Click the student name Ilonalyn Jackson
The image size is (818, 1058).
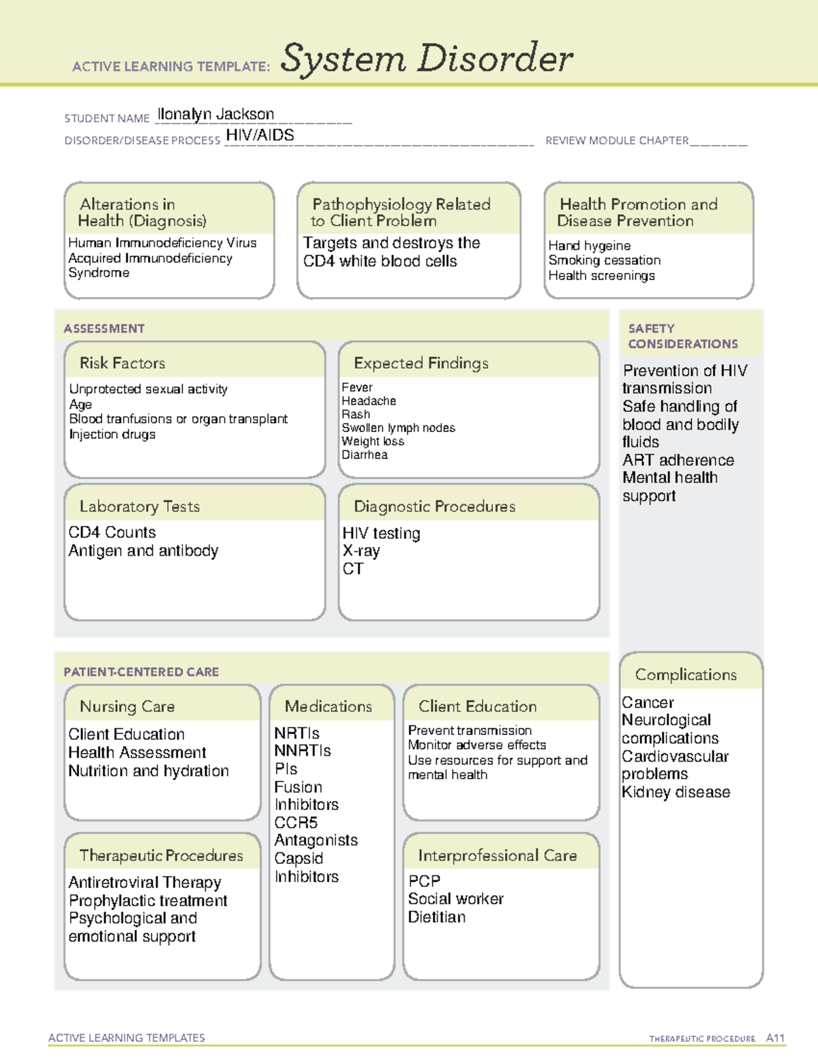pyautogui.click(x=215, y=114)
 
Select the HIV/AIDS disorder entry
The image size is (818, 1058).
pyautogui.click(x=260, y=135)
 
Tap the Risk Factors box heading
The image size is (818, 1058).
pyautogui.click(x=122, y=363)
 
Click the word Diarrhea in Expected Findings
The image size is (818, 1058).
pyautogui.click(x=364, y=454)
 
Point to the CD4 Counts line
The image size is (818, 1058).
pyautogui.click(x=112, y=532)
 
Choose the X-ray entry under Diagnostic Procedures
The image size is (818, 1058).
pyautogui.click(x=361, y=550)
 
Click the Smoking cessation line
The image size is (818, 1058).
pyautogui.click(x=604, y=260)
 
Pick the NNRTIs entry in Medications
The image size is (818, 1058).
pyautogui.click(x=302, y=751)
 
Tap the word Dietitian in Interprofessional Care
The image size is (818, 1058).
pyautogui.click(x=436, y=917)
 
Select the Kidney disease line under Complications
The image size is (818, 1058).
pyautogui.click(x=676, y=792)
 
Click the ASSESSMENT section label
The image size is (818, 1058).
pyautogui.click(x=104, y=328)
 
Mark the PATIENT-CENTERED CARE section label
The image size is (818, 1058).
pyautogui.click(x=141, y=672)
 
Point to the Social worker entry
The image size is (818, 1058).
pyautogui.click(x=455, y=899)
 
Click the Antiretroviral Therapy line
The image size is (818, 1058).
pyautogui.click(x=145, y=882)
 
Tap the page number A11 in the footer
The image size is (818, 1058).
pyautogui.click(x=775, y=1038)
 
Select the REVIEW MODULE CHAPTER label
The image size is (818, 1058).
pyautogui.click(x=617, y=140)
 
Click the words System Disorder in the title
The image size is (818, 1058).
pyautogui.click(x=427, y=59)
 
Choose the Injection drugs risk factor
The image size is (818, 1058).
pyautogui.click(x=112, y=434)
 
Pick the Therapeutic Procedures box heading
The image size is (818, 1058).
pyautogui.click(x=161, y=855)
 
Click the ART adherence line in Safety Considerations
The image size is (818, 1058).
pyautogui.click(x=678, y=460)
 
